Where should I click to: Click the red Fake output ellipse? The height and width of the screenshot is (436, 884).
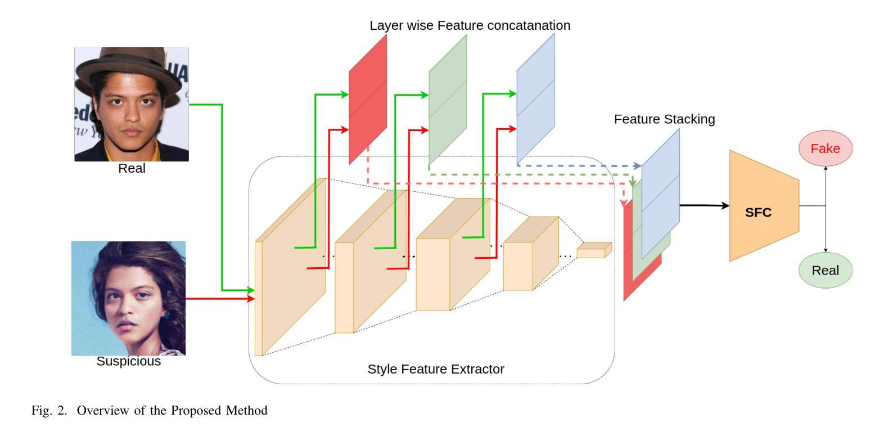pos(825,149)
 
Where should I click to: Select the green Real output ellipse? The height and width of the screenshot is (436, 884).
pos(825,270)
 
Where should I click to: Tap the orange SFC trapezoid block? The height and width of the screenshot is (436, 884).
pos(764,206)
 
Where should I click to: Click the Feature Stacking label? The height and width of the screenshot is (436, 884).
pos(664,119)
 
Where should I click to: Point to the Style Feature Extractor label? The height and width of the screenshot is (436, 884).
pos(436,369)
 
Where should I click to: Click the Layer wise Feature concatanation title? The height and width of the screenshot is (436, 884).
pos(470,25)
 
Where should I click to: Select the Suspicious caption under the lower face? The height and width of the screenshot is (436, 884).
pos(129,361)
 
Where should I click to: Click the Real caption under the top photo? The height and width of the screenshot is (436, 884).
pos(132,168)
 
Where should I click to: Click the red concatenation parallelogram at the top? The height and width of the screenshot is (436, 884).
pos(368,99)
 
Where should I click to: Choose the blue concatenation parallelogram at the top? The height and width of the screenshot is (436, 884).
pos(536,98)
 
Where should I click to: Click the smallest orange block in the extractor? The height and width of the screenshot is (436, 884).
pos(594,250)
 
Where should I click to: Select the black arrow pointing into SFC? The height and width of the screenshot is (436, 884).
pos(705,205)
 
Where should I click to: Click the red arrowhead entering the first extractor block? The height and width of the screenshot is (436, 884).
pos(251,299)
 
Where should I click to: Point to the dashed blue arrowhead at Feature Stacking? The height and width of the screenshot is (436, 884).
pos(638,166)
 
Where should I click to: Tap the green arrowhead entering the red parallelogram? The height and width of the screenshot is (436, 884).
pos(345,95)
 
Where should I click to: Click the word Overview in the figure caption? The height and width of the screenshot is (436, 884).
pos(103,410)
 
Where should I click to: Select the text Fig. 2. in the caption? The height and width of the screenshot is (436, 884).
pos(49,410)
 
